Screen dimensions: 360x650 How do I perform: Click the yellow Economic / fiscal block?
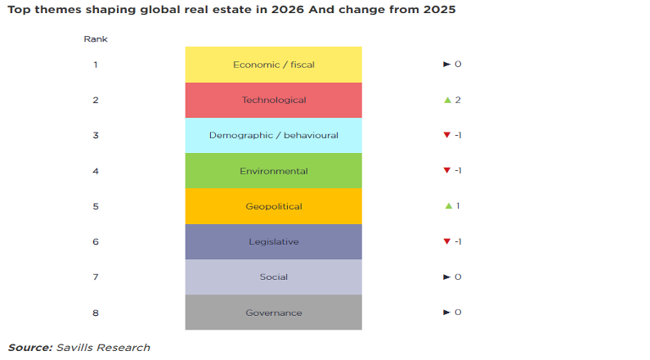(x=273, y=65)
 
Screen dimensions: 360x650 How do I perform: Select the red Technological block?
(x=273, y=100)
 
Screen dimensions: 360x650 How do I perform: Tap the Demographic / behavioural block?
(x=273, y=135)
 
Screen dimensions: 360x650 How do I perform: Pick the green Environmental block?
(x=273, y=171)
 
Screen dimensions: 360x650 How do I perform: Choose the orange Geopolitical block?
(x=273, y=206)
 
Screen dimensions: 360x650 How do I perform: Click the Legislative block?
(x=273, y=241)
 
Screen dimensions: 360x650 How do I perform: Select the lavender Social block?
(x=273, y=277)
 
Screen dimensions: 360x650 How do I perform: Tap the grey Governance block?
(x=273, y=313)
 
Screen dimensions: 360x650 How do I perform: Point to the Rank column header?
(x=96, y=39)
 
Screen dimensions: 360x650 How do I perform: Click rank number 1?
(x=96, y=65)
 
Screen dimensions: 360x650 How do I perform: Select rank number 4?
(x=96, y=171)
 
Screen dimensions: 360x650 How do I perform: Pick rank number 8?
(x=96, y=313)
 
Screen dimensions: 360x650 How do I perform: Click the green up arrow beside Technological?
(x=447, y=100)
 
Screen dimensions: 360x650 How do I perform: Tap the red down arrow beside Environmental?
(x=446, y=171)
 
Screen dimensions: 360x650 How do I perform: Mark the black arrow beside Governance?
(x=446, y=313)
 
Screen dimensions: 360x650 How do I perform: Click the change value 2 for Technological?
(x=459, y=100)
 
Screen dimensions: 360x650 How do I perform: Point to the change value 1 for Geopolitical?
(x=458, y=206)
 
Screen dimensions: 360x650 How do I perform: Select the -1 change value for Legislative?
(x=459, y=241)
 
